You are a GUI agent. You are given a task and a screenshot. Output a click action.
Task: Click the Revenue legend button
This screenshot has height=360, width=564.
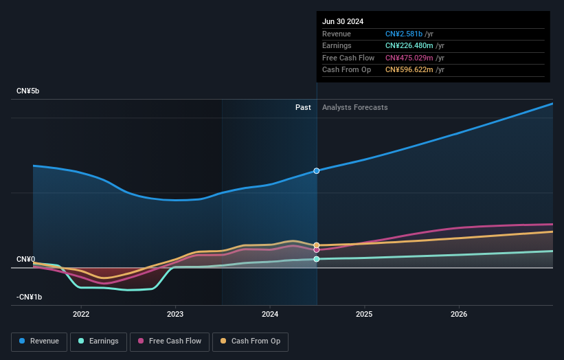click(40, 341)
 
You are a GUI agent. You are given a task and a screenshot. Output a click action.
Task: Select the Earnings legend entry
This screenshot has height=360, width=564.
click(98, 341)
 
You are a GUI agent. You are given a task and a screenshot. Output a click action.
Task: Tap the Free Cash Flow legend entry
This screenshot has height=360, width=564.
click(170, 341)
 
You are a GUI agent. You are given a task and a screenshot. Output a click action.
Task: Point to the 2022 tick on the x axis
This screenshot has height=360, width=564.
click(81, 315)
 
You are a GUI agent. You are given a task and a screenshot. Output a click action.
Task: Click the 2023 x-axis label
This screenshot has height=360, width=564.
click(175, 315)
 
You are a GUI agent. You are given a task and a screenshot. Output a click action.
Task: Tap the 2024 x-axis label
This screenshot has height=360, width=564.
click(270, 315)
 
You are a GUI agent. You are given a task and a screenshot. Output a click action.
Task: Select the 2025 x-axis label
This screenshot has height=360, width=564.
click(364, 315)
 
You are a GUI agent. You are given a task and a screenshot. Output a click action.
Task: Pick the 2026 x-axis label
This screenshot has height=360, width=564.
click(459, 315)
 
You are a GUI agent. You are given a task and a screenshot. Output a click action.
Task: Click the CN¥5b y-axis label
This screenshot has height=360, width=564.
click(28, 91)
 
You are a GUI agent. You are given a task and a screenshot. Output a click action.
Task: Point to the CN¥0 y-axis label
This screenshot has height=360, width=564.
click(25, 259)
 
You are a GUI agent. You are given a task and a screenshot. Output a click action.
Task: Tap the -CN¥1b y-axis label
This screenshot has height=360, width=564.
click(29, 297)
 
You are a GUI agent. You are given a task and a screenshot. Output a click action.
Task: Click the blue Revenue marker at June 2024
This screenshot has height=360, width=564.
click(317, 170)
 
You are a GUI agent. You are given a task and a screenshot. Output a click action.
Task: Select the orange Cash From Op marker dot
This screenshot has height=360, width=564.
click(317, 245)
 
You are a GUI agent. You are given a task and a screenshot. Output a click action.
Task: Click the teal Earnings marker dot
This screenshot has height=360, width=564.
click(317, 259)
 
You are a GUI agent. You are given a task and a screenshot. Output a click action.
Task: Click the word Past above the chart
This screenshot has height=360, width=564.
click(303, 108)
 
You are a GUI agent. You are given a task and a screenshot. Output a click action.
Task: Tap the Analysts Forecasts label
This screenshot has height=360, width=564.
click(354, 108)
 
